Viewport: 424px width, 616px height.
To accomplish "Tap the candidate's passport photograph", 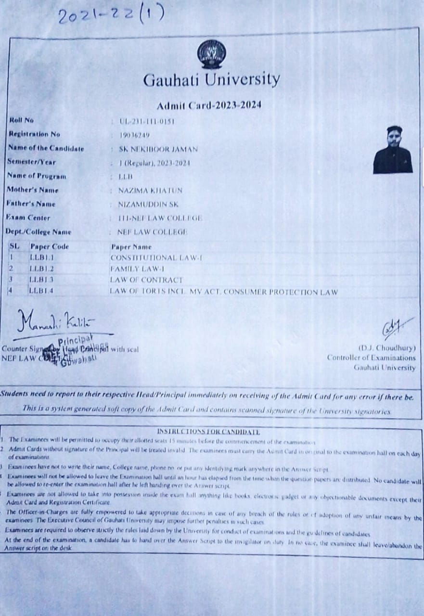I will click(393, 150).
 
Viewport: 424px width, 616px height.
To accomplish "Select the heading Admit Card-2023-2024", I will click(209, 105).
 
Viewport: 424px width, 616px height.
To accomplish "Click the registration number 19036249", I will click(134, 135).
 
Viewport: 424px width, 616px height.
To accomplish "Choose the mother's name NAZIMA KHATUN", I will click(150, 191).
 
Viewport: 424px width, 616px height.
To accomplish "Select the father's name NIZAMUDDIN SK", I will click(148, 205).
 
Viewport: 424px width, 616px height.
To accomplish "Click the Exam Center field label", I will click(28, 218).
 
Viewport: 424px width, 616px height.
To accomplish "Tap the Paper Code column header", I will click(50, 246).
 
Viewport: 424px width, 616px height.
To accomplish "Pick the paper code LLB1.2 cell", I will click(41, 269).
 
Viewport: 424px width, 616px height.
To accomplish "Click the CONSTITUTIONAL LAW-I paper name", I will click(156, 258).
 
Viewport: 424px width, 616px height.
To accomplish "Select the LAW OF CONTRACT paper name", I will click(146, 280).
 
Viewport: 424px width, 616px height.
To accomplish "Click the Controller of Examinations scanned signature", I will click(396, 329).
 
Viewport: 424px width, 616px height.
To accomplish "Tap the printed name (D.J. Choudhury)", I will click(386, 348).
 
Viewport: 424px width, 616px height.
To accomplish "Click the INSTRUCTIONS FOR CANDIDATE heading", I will click(208, 432).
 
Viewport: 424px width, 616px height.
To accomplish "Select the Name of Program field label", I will click(36, 176).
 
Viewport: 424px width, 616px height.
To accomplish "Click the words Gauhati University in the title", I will click(211, 79).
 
